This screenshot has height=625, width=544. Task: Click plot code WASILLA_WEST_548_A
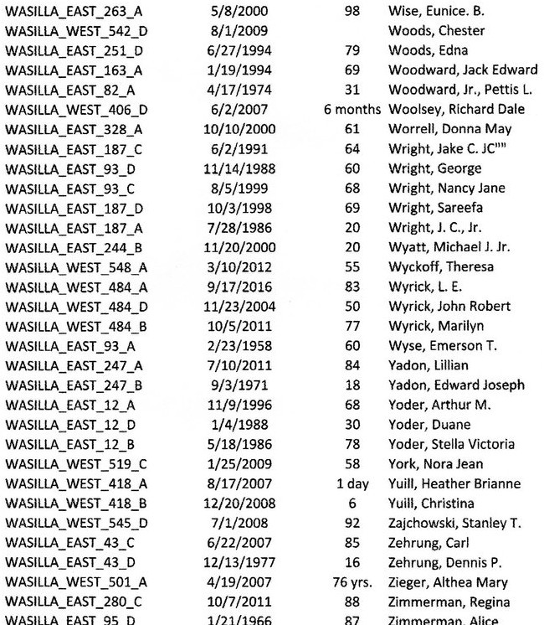[76, 267]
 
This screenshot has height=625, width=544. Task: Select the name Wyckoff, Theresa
[441, 267]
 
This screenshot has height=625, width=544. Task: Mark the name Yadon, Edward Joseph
[456, 385]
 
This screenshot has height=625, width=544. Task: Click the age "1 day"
[352, 484]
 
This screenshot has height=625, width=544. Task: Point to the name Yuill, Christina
[431, 504]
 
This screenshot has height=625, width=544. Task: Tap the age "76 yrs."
[352, 582]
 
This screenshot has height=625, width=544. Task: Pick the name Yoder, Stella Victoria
[451, 445]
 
